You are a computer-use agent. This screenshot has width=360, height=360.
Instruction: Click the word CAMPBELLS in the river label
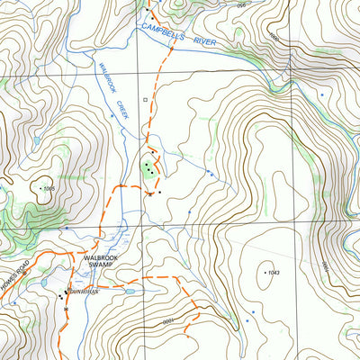[162, 34]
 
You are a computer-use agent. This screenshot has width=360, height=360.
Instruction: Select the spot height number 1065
[49, 188]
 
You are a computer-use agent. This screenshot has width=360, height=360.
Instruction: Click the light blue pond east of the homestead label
[131, 292]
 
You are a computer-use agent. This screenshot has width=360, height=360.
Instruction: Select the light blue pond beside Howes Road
[43, 282]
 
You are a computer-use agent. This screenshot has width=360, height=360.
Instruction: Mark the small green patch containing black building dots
[148, 168]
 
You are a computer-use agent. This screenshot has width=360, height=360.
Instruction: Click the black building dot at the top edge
[147, 8]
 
